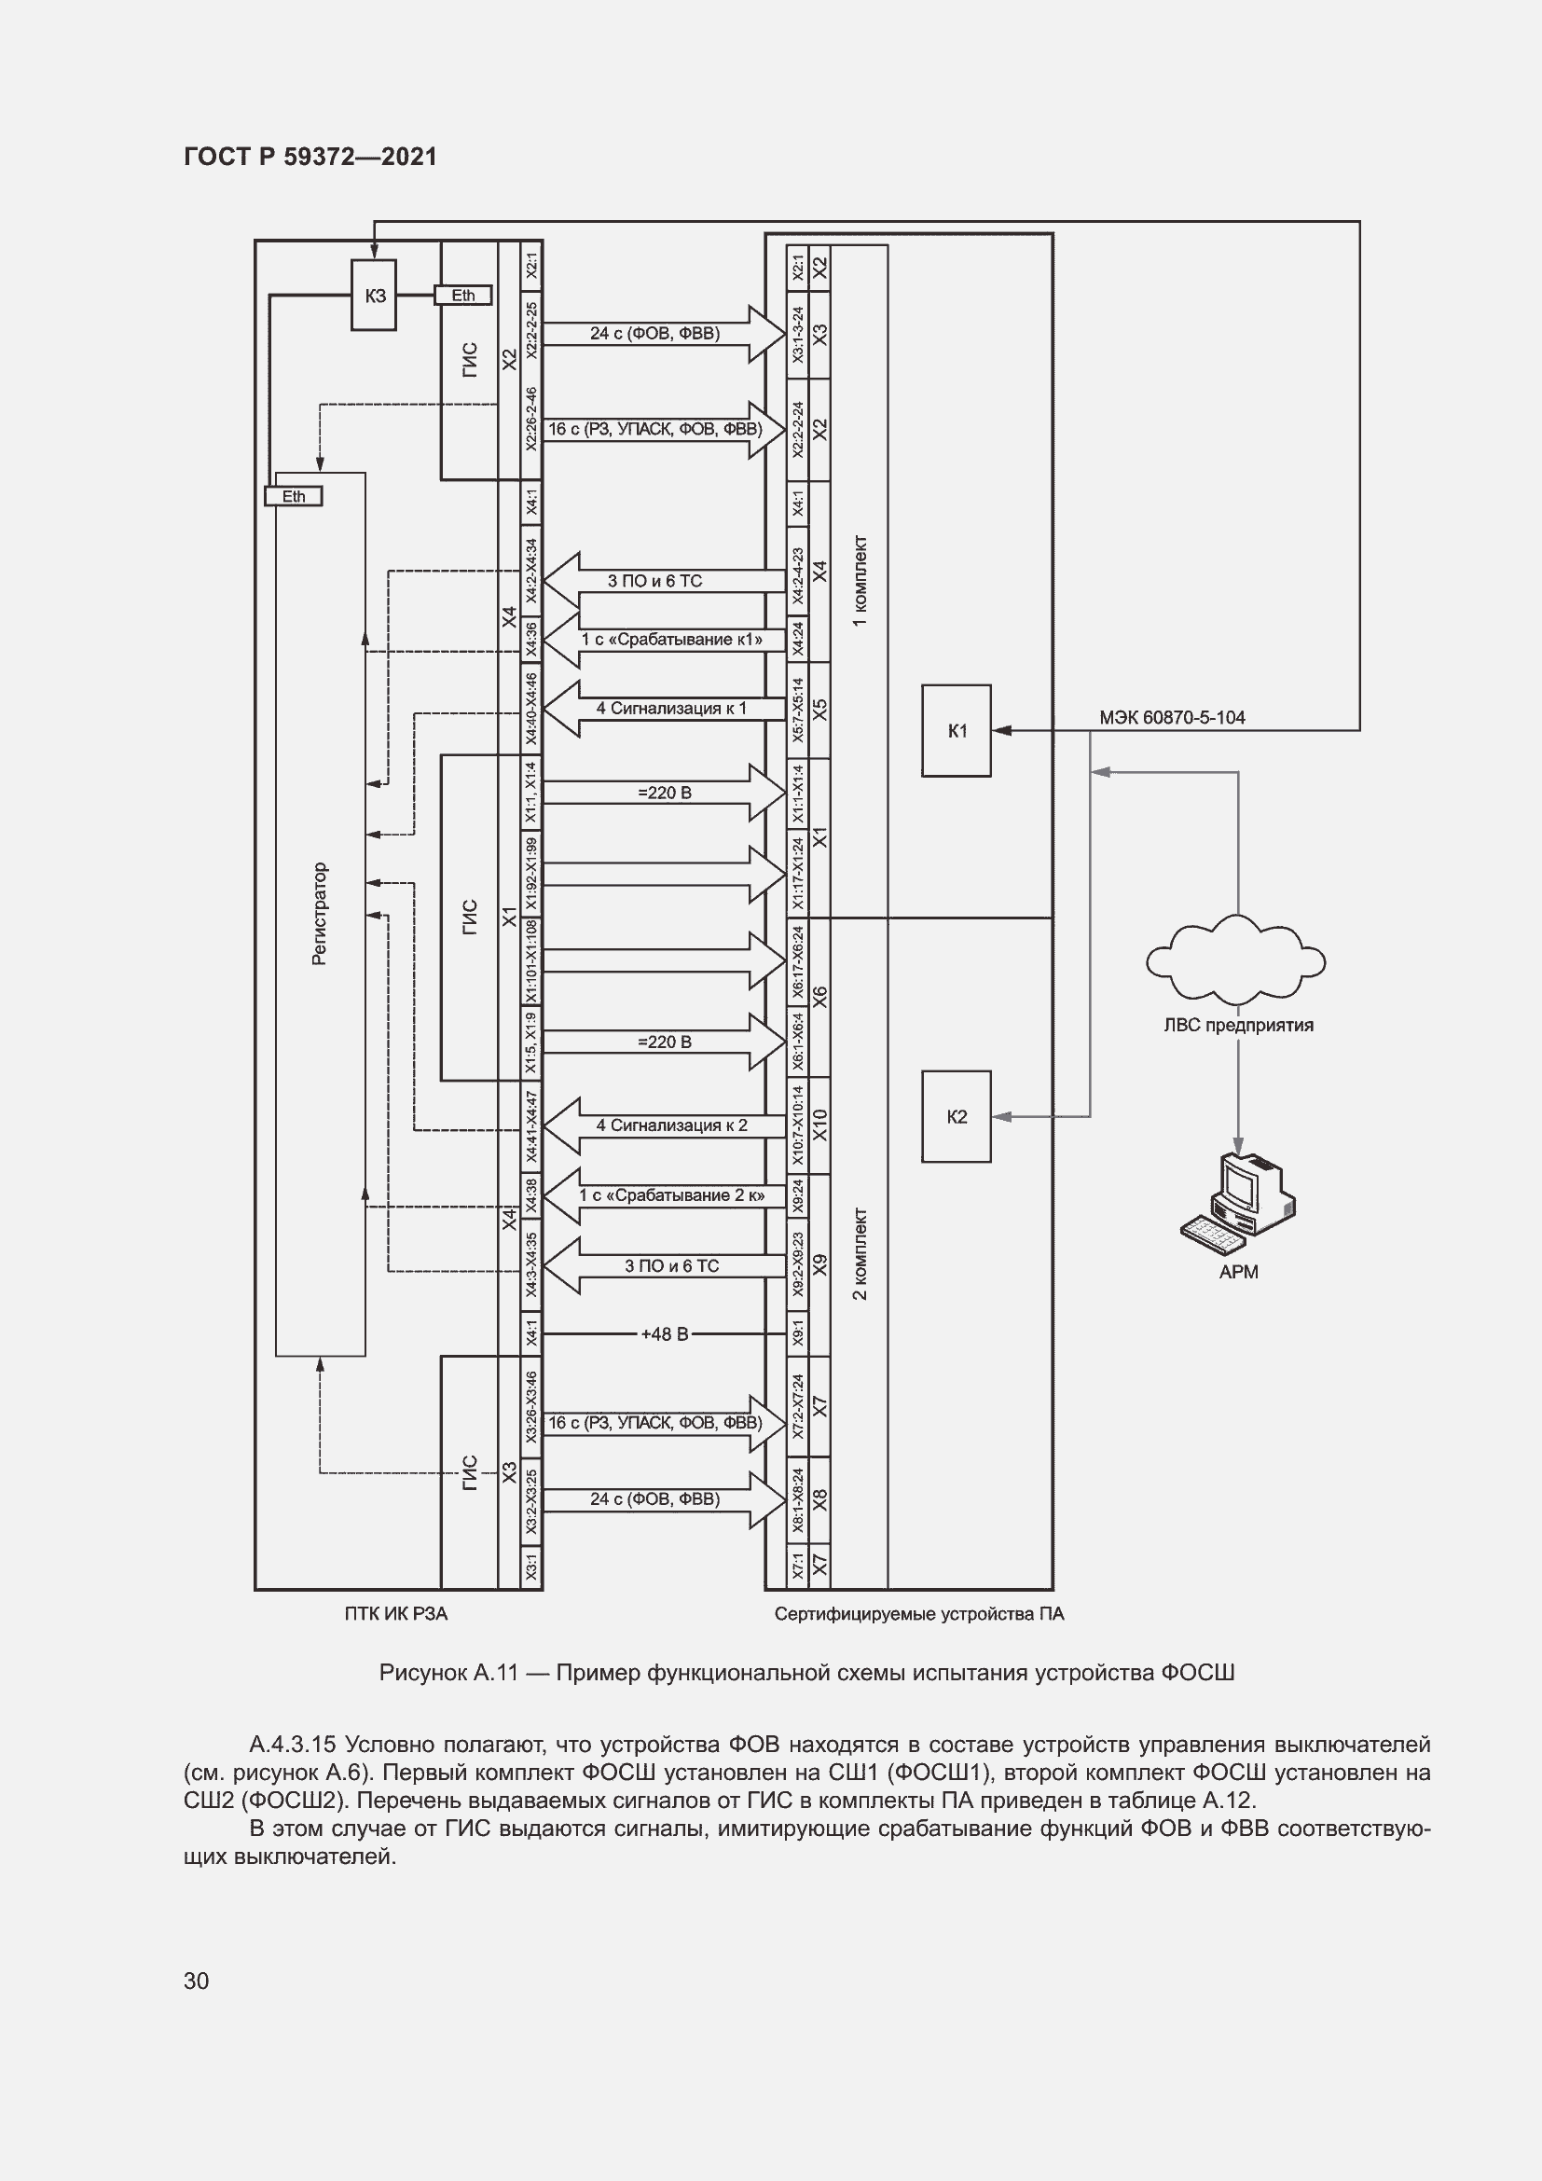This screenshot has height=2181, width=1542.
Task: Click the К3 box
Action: click(x=374, y=296)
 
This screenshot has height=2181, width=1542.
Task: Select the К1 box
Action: click(x=957, y=730)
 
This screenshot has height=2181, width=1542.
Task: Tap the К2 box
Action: click(x=957, y=1116)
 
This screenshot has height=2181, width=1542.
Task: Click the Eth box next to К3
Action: click(x=462, y=296)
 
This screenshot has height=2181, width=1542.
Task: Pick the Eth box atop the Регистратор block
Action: click(x=294, y=496)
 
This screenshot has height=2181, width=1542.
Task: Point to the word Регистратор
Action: click(x=319, y=914)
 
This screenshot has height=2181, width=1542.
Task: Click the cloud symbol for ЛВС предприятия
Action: click(x=1236, y=961)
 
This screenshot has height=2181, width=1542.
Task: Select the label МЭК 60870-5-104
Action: click(x=1172, y=717)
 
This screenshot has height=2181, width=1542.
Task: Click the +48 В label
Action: click(x=664, y=1333)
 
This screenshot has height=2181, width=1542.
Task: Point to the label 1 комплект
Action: click(x=860, y=581)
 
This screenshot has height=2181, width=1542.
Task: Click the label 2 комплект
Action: click(x=860, y=1254)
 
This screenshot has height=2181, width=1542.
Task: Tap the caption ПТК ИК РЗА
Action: click(x=396, y=1613)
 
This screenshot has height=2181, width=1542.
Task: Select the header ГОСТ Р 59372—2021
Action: click(x=310, y=157)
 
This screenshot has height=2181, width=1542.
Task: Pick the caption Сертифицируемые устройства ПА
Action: click(x=918, y=1614)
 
